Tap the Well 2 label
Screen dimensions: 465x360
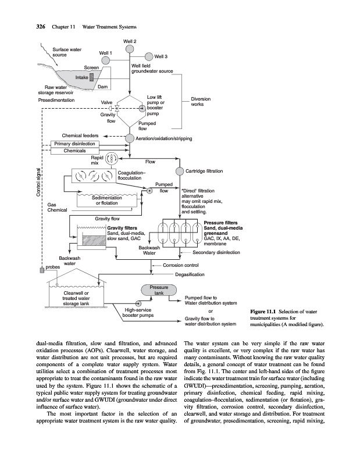(x=130, y=41)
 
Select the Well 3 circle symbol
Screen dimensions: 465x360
(x=149, y=56)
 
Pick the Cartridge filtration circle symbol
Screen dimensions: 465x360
(x=179, y=171)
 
